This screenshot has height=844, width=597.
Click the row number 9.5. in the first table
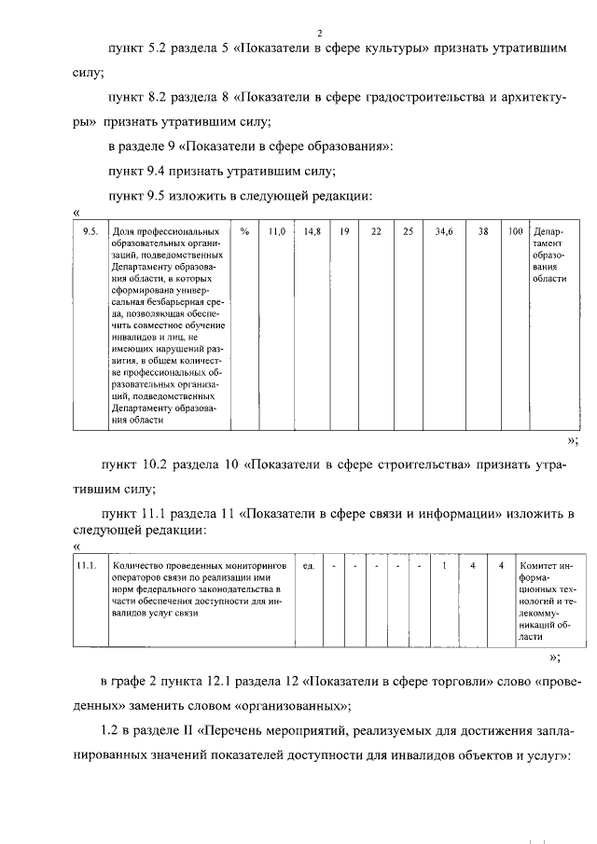(x=91, y=230)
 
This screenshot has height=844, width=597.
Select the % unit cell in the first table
(x=243, y=230)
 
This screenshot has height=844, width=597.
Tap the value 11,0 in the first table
(x=275, y=230)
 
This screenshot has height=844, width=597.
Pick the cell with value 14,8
(x=312, y=230)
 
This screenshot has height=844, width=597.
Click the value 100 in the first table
(x=516, y=230)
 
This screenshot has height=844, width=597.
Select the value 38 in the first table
(x=483, y=230)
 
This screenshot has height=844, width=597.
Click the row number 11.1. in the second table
(x=87, y=565)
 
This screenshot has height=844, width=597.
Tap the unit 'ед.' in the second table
(x=308, y=565)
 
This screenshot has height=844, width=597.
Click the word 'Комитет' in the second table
(x=540, y=565)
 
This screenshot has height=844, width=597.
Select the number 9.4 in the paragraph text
(x=157, y=171)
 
